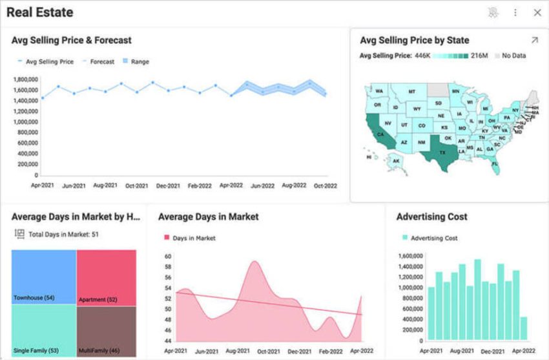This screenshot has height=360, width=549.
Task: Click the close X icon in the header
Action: (537, 12)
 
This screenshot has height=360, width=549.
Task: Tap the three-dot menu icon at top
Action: (515, 12)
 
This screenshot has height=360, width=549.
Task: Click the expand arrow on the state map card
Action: (534, 40)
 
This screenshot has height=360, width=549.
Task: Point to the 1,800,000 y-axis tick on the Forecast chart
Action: (25, 79)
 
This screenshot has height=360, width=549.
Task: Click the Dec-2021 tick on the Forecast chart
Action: (169, 185)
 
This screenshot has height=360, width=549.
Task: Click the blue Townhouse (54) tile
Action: (43, 277)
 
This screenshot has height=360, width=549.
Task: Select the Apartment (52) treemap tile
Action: (106, 277)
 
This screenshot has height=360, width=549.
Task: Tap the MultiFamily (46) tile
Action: (106, 330)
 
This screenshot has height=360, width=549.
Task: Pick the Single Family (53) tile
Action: (43, 330)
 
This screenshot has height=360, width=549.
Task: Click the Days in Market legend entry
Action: (194, 238)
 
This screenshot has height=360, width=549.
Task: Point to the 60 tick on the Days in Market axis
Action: (167, 257)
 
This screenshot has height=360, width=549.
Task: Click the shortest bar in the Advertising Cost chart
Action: (523, 328)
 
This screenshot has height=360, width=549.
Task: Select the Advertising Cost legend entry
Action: (433, 238)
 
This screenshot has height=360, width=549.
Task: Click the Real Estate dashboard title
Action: (40, 12)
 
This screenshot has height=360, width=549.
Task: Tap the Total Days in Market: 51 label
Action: (63, 234)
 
